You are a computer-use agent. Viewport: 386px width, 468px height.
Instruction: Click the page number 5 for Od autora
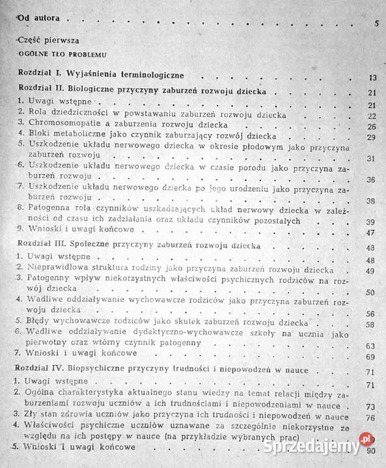(377, 23)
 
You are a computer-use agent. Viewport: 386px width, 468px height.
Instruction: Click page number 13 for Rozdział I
(372, 77)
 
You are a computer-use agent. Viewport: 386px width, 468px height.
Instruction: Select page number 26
(372, 126)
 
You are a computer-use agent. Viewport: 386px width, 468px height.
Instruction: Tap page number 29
(372, 137)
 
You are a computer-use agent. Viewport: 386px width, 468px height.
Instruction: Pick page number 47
(372, 232)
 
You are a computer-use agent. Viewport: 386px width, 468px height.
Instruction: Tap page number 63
(372, 346)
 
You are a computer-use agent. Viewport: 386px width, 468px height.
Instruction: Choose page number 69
(372, 357)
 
